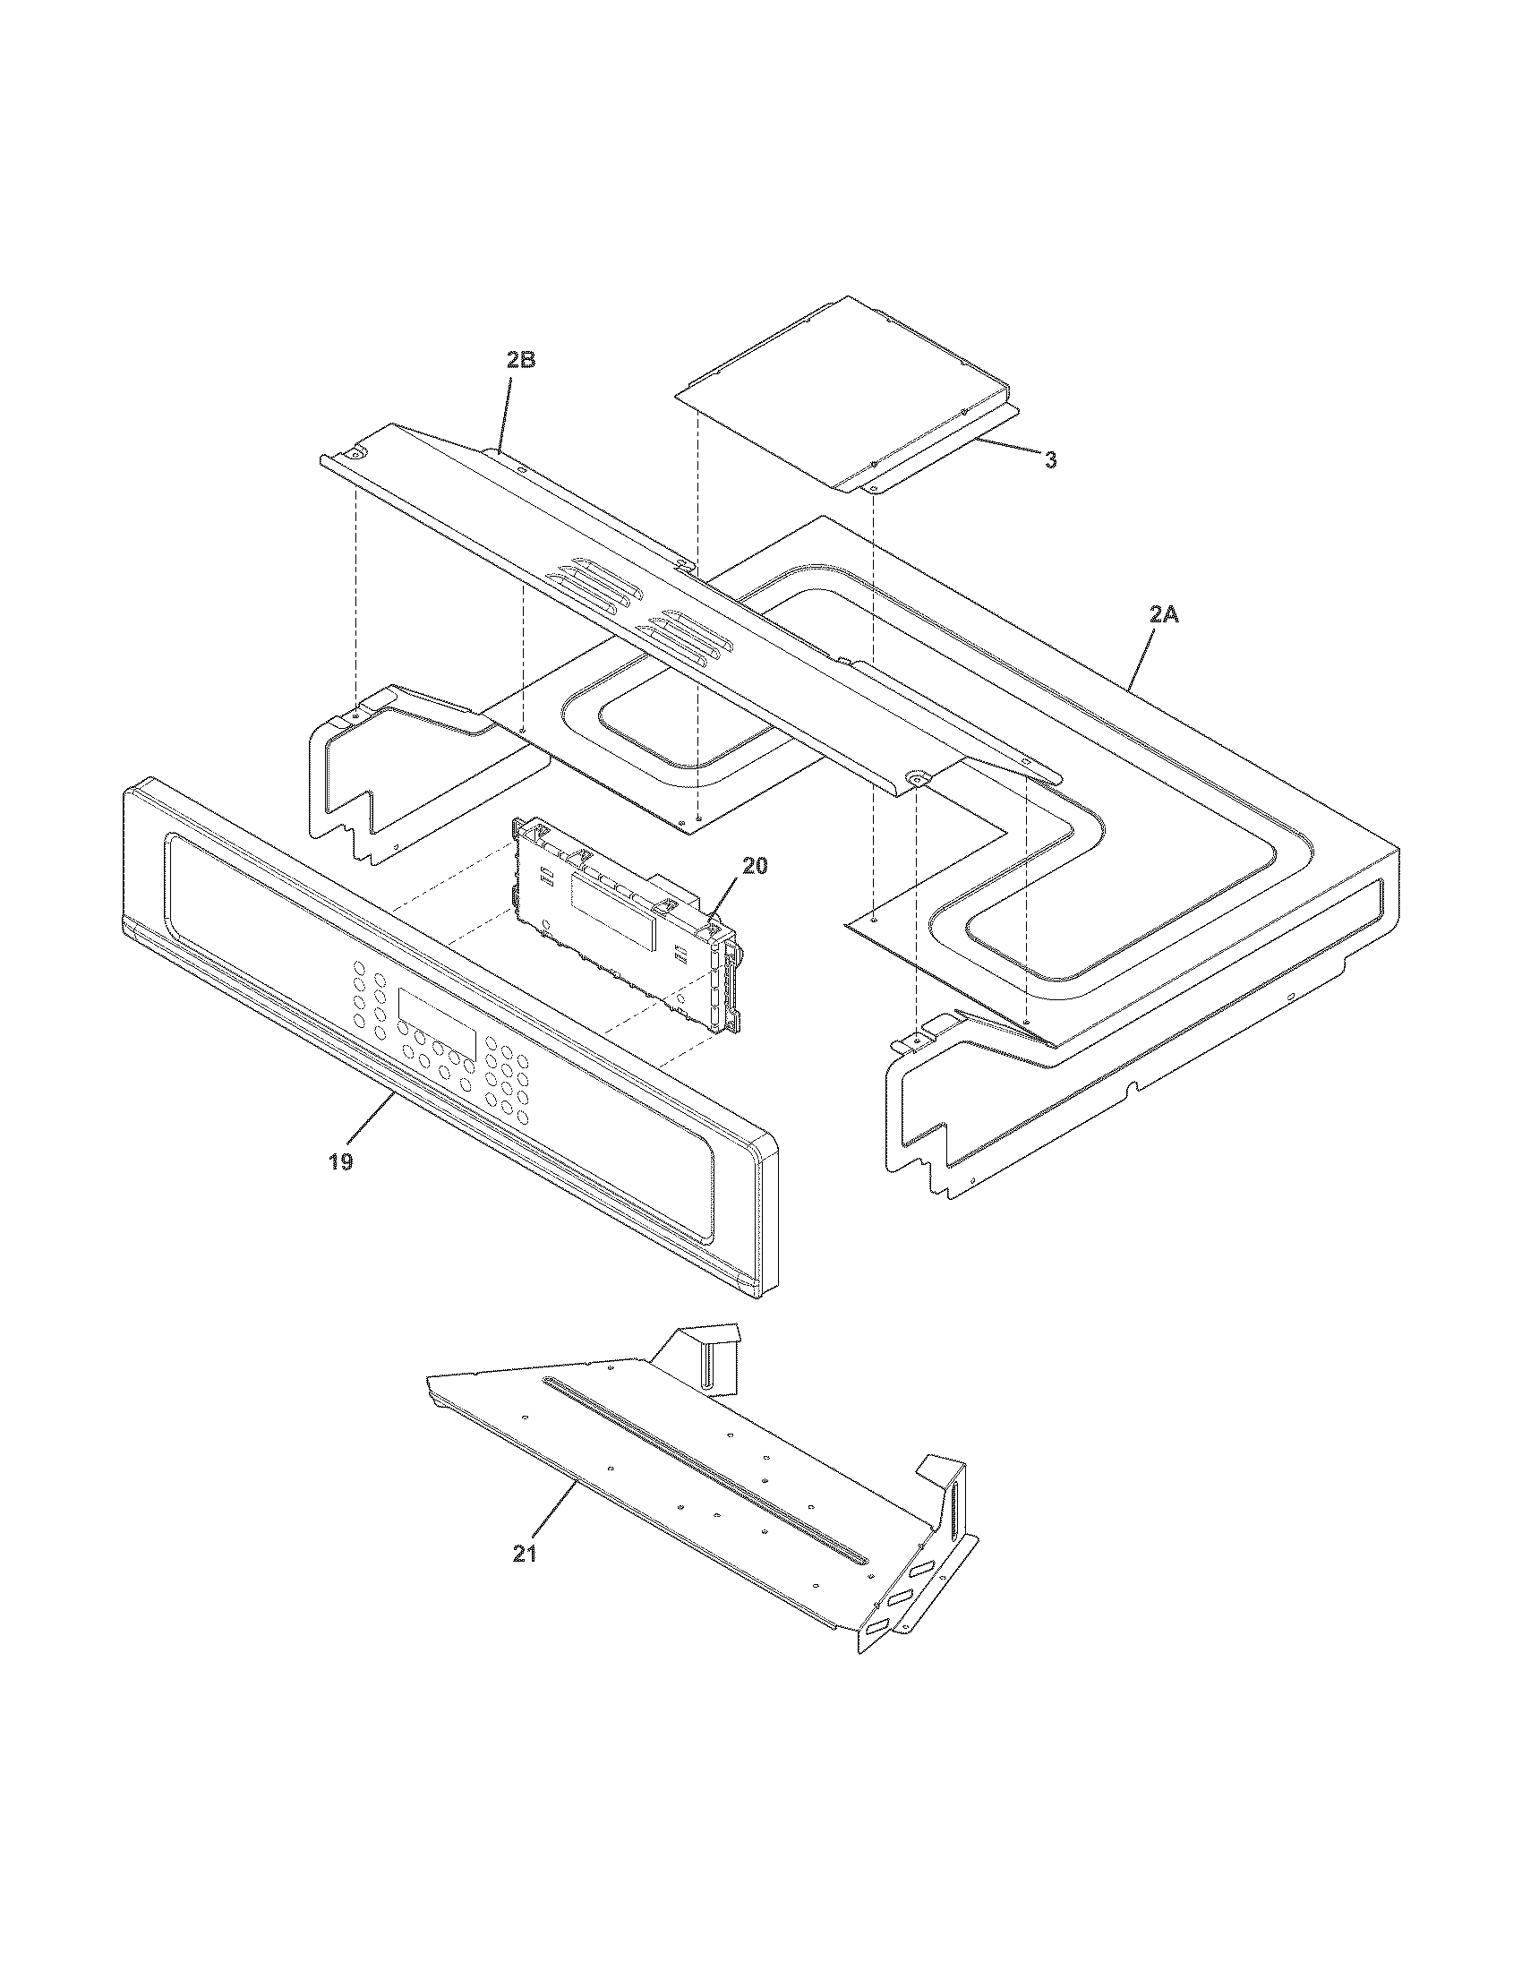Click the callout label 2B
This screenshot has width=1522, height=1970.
pos(520,360)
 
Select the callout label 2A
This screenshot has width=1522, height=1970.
pos(1164,615)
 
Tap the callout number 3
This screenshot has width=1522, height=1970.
pos(1050,459)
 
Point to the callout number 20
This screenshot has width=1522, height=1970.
pos(755,865)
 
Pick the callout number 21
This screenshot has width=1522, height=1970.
pos(525,1554)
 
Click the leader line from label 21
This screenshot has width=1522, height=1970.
pos(554,1516)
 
